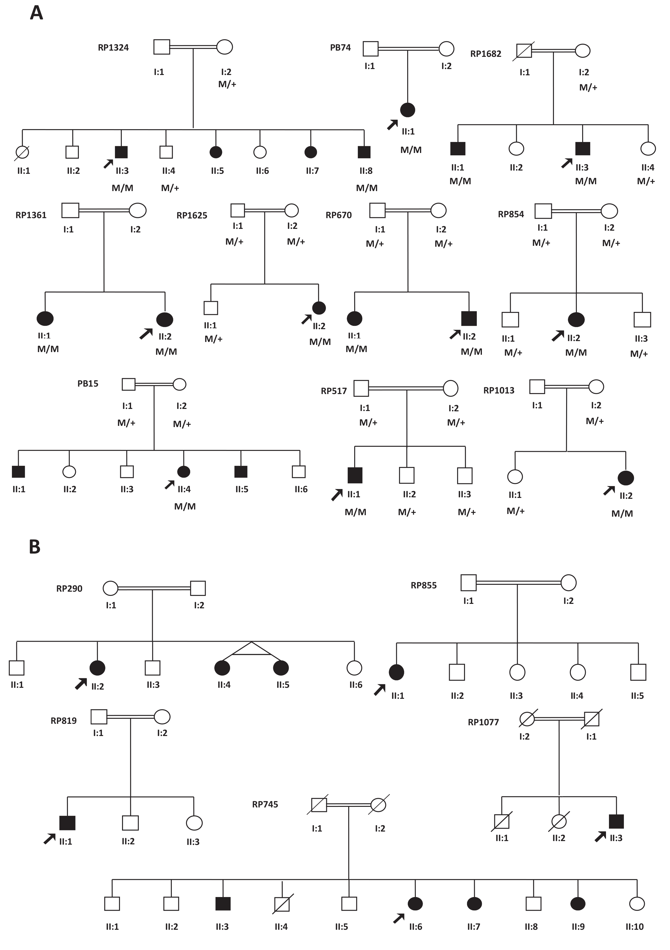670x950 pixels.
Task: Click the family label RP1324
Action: [113, 48]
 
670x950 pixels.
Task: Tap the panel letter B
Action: [35, 547]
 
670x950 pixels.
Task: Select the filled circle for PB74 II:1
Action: [408, 110]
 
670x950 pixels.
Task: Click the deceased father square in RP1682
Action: [524, 51]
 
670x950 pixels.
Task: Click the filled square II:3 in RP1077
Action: [616, 821]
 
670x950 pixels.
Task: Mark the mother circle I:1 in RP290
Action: [110, 588]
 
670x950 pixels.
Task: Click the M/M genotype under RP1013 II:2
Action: [622, 513]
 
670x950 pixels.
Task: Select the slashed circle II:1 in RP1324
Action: [22, 152]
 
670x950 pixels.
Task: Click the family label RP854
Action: [511, 214]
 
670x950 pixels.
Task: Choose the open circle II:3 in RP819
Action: [194, 823]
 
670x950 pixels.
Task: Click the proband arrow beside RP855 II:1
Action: [379, 689]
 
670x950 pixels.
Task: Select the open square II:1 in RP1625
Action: [211, 308]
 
